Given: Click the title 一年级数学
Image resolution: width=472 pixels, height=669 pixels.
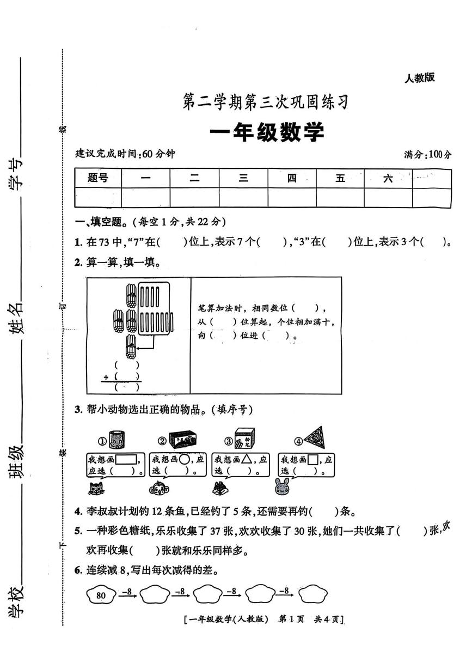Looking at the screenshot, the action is click(x=266, y=132).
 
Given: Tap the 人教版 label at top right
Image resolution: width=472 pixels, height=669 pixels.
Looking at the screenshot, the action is click(x=419, y=78).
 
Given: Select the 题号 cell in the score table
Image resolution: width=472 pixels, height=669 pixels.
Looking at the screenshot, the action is click(x=98, y=178).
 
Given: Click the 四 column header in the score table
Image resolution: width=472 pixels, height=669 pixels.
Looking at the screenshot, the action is click(x=292, y=178).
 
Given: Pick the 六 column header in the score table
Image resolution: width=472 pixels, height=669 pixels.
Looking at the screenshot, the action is click(x=388, y=178).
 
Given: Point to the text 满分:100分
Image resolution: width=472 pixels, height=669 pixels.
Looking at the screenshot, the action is click(x=427, y=155).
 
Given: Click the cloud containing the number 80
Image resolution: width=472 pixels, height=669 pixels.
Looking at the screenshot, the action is click(x=101, y=595).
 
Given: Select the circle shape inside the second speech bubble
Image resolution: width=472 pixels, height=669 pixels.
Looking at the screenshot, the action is click(x=185, y=459).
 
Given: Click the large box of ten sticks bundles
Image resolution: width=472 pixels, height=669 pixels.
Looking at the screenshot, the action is click(x=158, y=309).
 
